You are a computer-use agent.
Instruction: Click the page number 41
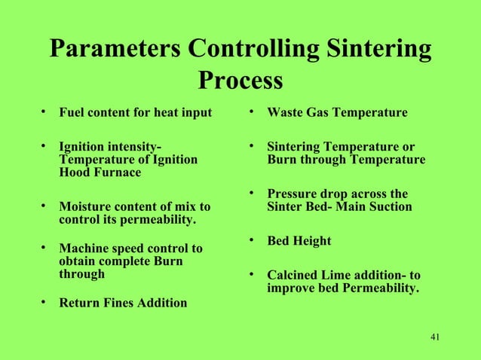(433, 336)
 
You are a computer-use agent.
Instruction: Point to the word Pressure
(293, 194)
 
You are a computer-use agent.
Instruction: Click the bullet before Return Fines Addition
(44, 303)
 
